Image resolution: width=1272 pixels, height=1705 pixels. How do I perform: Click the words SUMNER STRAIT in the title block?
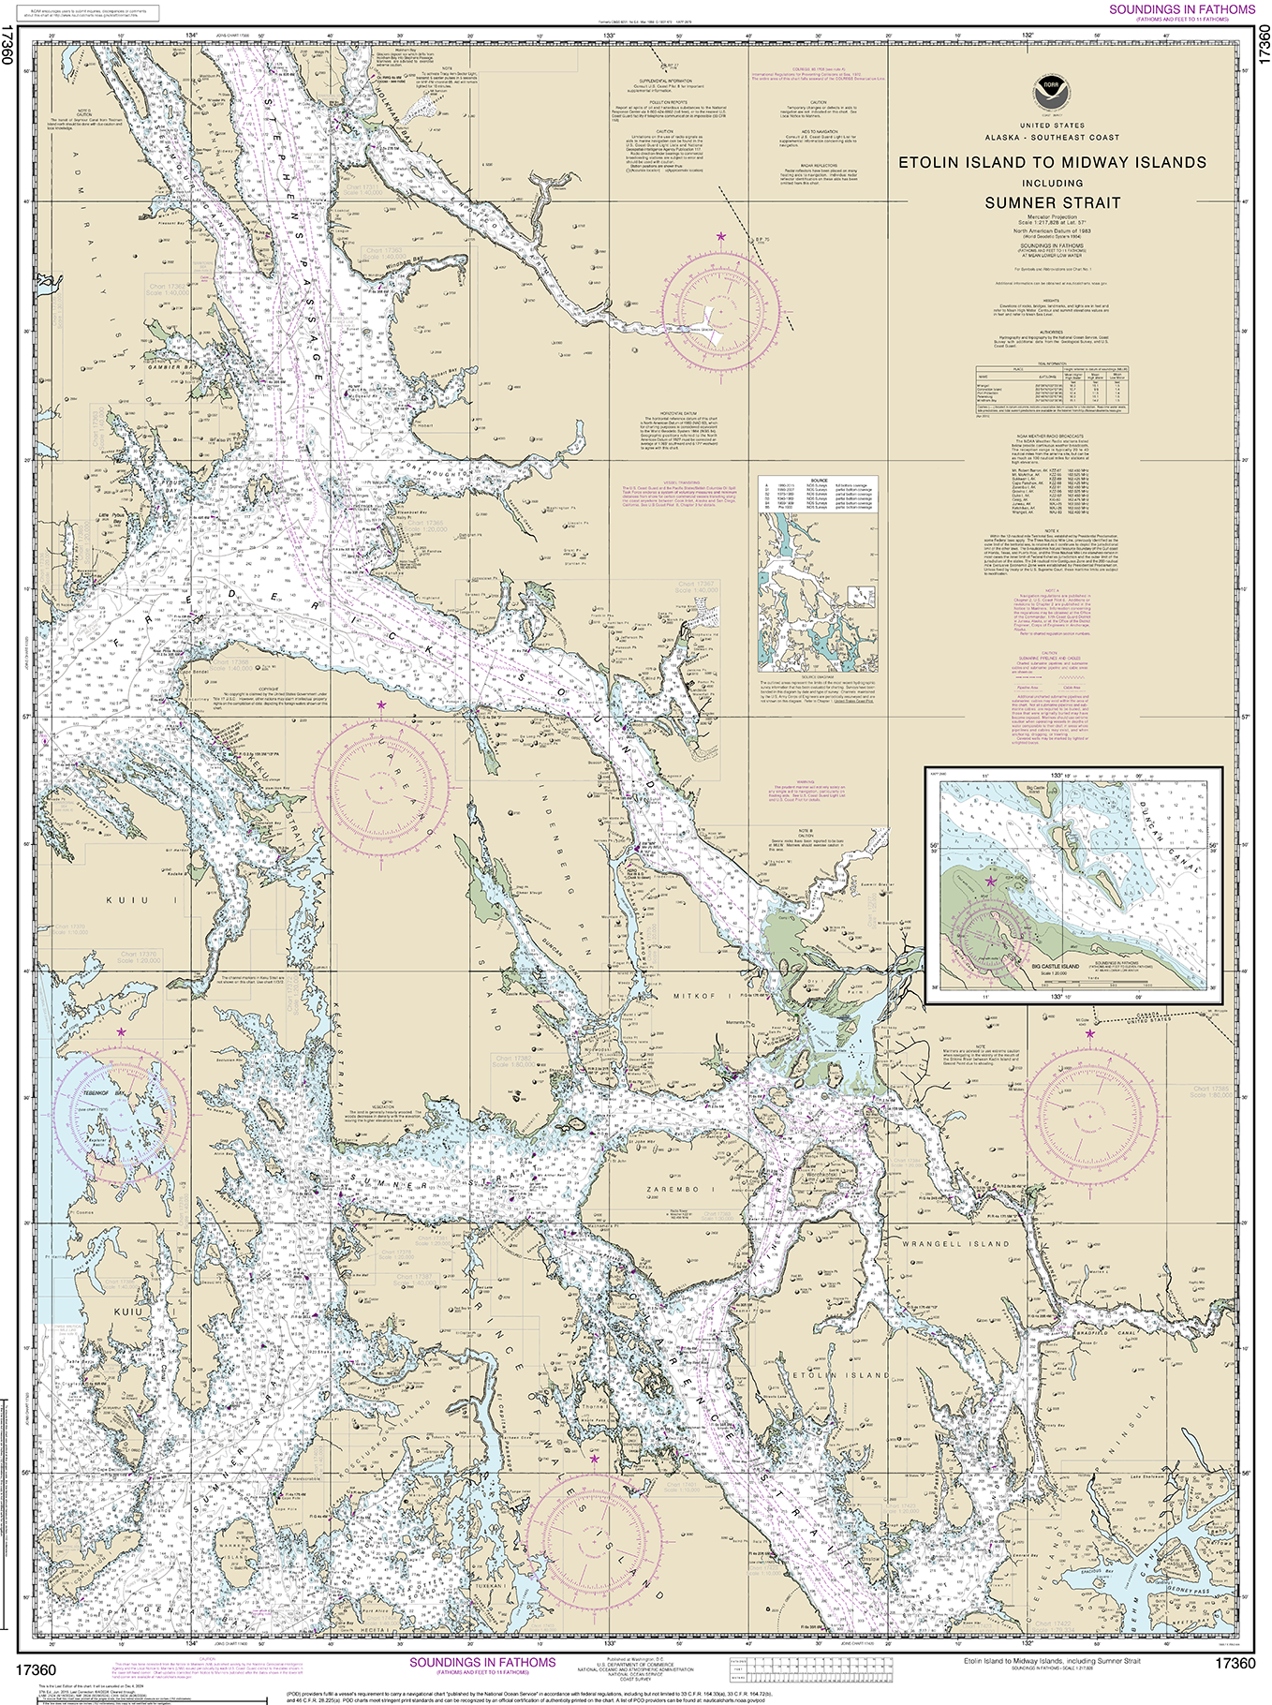coord(1052,202)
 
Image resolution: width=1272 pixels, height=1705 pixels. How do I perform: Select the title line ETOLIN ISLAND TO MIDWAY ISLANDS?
coord(1052,162)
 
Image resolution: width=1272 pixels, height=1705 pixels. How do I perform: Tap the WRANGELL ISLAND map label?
coord(955,1244)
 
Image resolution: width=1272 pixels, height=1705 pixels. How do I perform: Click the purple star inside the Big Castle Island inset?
coord(991,881)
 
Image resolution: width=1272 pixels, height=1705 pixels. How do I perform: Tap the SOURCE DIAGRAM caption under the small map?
coord(818,676)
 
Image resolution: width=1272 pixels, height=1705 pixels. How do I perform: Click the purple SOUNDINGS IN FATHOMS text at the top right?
coord(1182,9)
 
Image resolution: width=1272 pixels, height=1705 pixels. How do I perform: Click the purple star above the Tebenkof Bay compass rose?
coord(120,1032)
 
